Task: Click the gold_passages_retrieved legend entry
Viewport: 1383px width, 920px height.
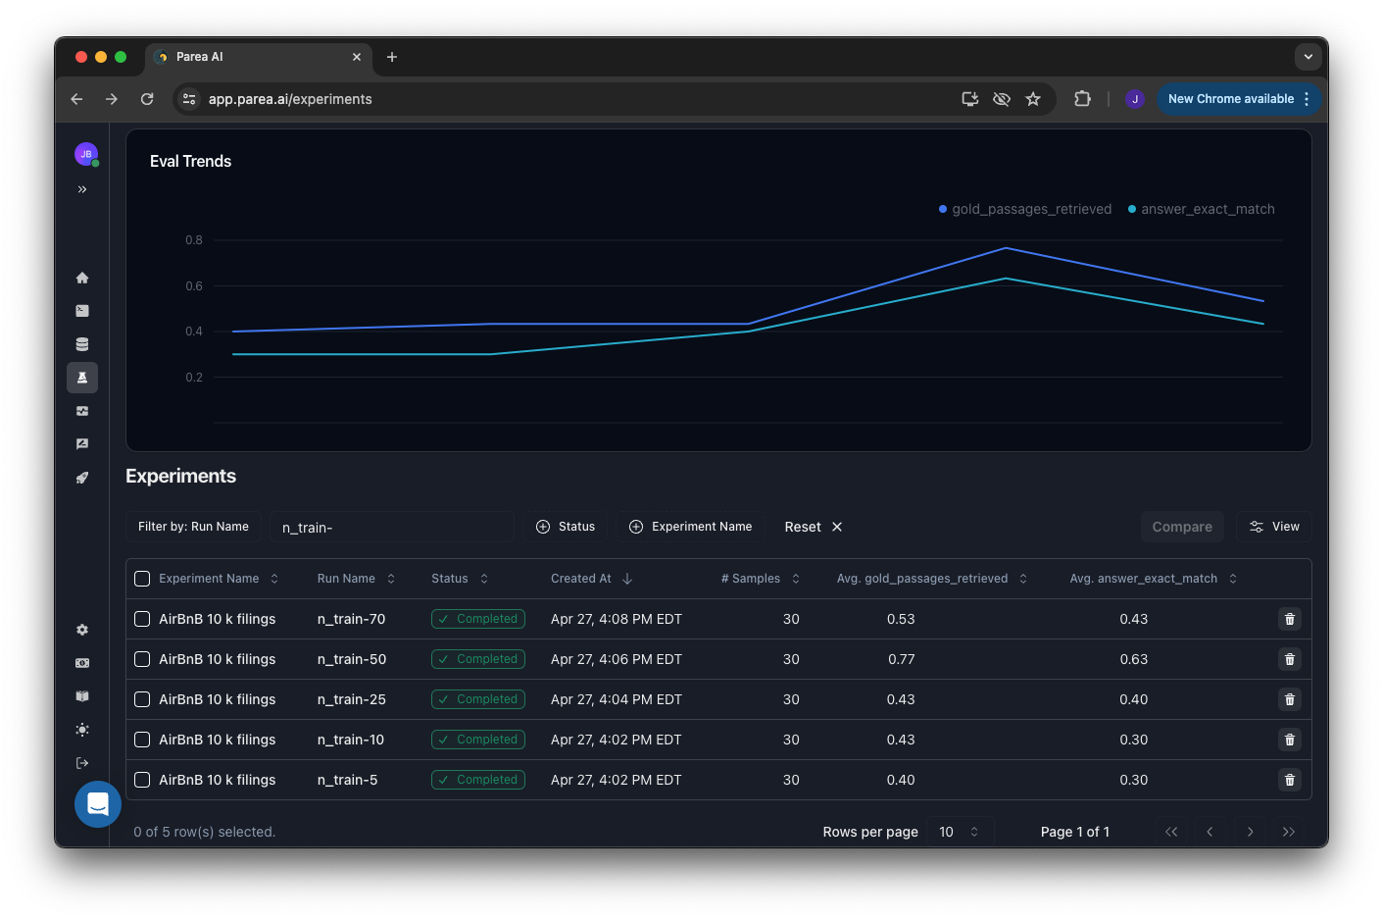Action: tap(1024, 209)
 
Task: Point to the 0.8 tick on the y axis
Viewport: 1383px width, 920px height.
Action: tap(194, 240)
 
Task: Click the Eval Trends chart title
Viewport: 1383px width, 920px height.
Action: tap(190, 162)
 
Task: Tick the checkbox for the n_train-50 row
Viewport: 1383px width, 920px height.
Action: tap(142, 659)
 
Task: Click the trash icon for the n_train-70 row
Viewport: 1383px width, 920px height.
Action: tap(1289, 619)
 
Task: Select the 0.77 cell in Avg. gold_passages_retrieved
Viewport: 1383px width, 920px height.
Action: tap(901, 659)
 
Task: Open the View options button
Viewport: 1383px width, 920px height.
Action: tap(1273, 527)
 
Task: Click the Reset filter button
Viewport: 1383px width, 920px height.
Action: tap(813, 527)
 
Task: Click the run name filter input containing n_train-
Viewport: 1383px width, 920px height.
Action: tap(391, 527)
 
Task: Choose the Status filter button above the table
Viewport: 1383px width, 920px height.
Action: tap(566, 527)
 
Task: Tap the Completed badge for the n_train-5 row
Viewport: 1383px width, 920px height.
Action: tap(478, 780)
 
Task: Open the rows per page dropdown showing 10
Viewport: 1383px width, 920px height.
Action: tap(959, 832)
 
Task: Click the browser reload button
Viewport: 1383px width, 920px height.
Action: tap(147, 99)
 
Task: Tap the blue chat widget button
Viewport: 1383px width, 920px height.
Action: tap(98, 804)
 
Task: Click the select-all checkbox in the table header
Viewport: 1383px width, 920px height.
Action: tap(142, 579)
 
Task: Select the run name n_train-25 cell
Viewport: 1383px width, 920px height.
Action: tap(352, 699)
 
